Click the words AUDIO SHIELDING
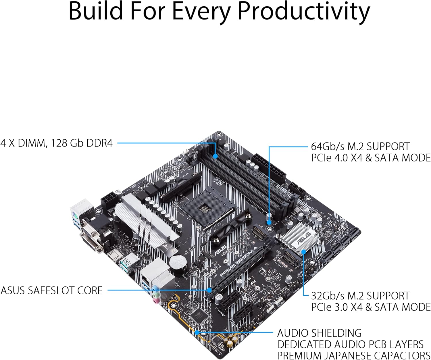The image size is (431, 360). [x=319, y=333]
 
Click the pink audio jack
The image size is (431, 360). [x=156, y=301]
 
